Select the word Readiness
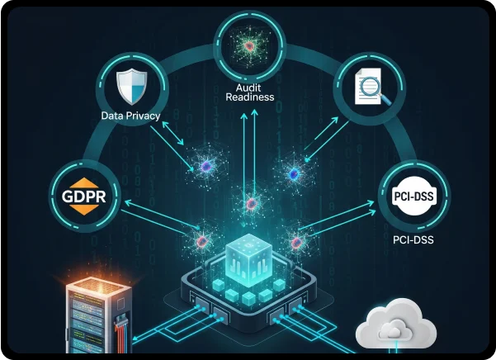pyautogui.click(x=248, y=96)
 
